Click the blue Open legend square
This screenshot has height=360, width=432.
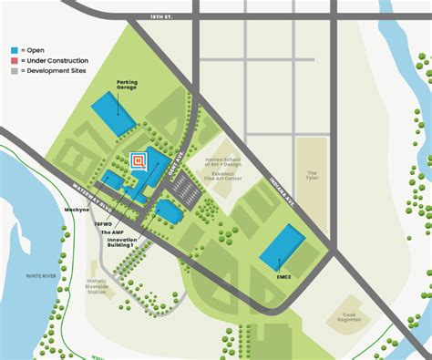tap(14, 48)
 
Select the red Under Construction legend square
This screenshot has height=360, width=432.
tap(14, 58)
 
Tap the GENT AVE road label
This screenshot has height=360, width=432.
tap(180, 157)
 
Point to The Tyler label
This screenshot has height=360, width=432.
tap(312, 174)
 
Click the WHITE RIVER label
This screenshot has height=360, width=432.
tap(40, 275)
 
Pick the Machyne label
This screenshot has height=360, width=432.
tap(77, 210)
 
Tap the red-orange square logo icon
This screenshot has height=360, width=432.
tap(139, 160)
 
